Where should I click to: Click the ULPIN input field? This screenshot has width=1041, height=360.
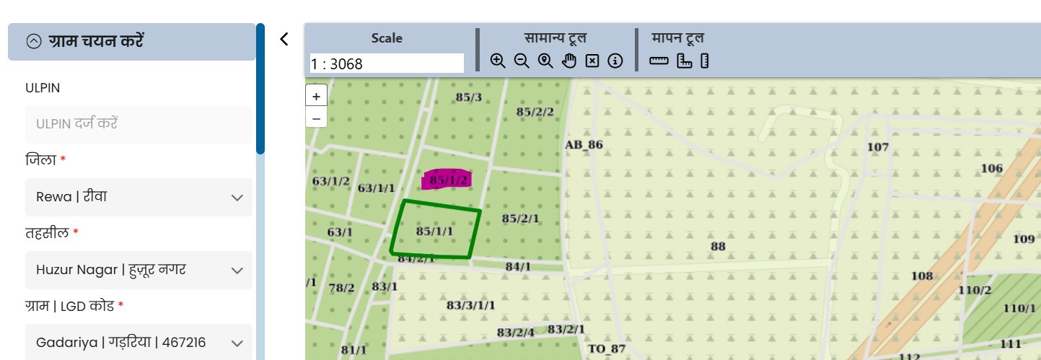point(139,124)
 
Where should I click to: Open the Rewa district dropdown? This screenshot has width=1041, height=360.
point(139,197)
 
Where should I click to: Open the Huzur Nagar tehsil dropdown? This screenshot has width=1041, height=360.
point(139,270)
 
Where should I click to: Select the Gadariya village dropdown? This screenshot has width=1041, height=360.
point(139,343)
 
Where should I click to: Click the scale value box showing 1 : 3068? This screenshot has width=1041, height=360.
point(387,63)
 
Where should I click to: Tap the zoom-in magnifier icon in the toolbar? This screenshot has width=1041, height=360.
point(498,61)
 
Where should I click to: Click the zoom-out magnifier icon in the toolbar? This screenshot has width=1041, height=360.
point(522,61)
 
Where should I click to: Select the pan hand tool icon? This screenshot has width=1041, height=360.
point(569,61)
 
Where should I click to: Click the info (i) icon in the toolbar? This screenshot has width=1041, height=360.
point(615,61)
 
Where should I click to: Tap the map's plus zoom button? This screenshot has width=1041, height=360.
point(316,96)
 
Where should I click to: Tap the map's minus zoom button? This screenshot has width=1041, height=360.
point(316,117)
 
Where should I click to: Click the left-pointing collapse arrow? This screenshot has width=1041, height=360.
point(284,39)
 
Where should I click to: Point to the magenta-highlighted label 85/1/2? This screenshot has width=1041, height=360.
point(449,180)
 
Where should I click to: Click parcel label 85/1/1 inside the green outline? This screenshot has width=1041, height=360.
point(435,231)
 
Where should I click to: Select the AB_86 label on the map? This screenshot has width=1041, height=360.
point(584,144)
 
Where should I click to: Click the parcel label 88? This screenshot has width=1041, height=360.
point(718,246)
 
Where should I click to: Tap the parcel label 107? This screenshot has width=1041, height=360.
point(878,146)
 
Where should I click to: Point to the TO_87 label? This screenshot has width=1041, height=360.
point(607,349)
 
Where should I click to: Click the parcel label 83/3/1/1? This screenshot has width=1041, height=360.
point(471,305)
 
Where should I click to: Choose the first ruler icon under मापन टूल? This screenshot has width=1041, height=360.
point(659,61)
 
